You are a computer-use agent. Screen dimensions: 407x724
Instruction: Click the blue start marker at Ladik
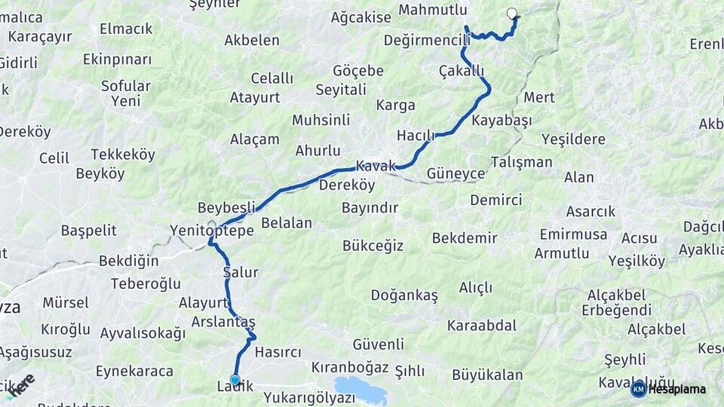coord(235,381)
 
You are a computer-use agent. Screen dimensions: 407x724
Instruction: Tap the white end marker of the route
coord(513,13)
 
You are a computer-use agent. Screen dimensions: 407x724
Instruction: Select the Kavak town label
coord(376,166)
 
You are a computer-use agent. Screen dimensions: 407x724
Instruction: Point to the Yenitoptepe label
coord(212,231)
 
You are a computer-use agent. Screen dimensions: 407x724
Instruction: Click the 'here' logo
coord(20,384)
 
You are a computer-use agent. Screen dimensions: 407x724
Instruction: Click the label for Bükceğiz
coord(373,246)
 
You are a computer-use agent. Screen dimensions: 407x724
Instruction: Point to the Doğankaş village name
coord(403,295)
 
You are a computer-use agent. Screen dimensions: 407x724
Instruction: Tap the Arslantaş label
coord(223,322)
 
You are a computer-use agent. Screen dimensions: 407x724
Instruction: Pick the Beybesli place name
coord(226,207)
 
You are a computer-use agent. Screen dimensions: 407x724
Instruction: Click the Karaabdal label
coord(481,326)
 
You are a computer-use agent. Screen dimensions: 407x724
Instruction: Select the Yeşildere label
coord(573,139)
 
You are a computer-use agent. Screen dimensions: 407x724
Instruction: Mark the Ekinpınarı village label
coord(117,59)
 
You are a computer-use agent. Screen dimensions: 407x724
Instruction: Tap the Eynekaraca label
coord(134,371)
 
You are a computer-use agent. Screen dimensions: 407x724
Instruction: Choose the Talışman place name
coord(521,162)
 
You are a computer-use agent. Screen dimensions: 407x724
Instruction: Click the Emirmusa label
coord(573,234)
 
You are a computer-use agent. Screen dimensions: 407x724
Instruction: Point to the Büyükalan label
coord(487,374)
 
